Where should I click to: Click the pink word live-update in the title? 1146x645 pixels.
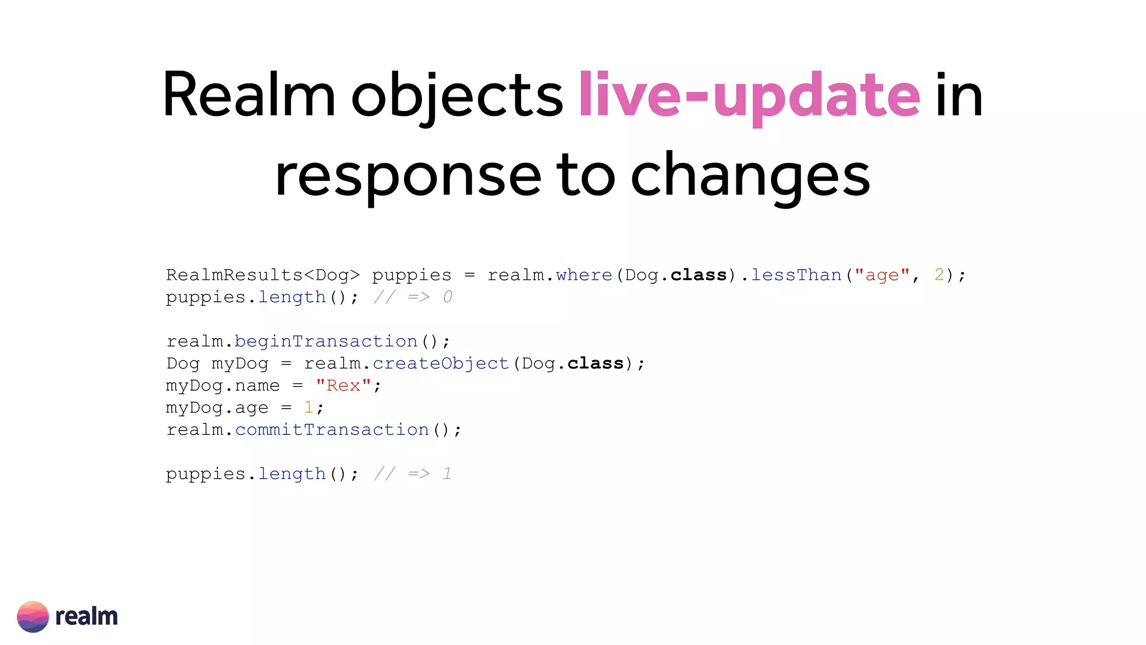749,96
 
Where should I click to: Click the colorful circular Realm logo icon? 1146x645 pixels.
33,616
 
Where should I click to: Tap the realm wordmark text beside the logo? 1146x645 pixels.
87,616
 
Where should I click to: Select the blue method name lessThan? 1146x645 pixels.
796,275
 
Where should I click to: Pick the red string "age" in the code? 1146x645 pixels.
882,275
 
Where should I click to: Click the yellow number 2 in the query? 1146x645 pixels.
939,275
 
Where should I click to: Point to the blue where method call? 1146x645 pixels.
584,275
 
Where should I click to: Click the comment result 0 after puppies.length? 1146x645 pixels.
448,297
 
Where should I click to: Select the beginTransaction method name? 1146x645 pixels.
326,341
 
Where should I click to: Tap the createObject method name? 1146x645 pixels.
440,363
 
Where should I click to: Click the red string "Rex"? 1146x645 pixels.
343,385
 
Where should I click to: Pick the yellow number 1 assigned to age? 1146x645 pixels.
308,407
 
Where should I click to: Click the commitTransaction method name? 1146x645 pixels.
332,429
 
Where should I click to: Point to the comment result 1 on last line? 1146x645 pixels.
447,474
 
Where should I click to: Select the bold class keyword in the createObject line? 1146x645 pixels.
595,363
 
